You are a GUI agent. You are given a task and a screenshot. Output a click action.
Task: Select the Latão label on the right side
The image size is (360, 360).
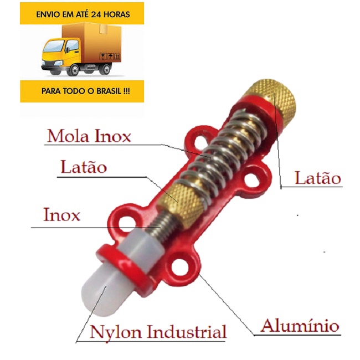(x=317, y=178)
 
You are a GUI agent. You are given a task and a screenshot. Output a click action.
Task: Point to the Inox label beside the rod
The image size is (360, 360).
(x=63, y=215)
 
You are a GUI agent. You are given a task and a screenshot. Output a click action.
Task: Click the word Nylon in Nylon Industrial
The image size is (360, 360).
(x=114, y=332)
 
